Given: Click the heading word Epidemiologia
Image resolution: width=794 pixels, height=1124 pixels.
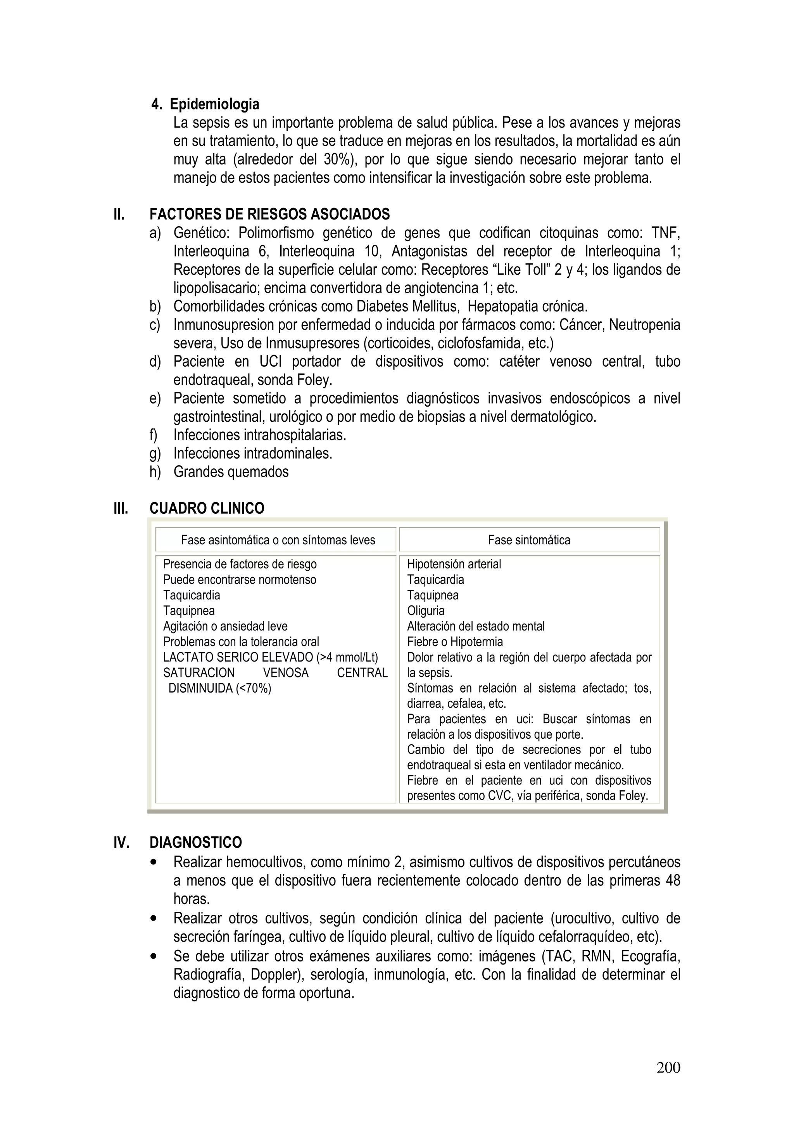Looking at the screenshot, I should (x=214, y=104).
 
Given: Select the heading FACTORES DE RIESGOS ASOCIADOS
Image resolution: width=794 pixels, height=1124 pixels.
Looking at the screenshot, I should (x=269, y=215).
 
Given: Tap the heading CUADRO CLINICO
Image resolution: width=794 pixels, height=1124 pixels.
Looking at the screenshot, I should (x=207, y=509).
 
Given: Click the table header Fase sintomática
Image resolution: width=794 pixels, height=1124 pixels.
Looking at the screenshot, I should (x=529, y=540).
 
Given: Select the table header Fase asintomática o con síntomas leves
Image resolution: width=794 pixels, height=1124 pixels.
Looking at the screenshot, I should (x=278, y=540).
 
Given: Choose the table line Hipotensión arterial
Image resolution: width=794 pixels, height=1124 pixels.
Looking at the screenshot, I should (x=454, y=564).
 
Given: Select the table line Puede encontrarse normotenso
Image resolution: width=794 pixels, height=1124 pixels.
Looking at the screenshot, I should (x=240, y=580).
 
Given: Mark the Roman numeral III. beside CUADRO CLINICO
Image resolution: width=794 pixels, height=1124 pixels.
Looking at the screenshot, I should (x=121, y=509).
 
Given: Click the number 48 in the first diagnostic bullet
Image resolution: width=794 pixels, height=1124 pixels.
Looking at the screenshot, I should (x=673, y=881).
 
